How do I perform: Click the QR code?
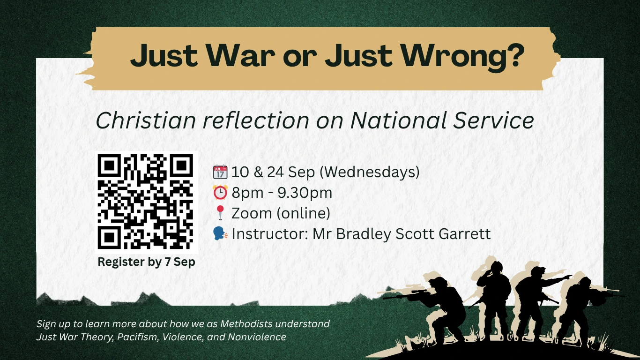[146, 202]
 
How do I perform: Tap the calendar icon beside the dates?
[220, 172]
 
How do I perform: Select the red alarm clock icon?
[220, 192]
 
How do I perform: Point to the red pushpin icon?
[220, 213]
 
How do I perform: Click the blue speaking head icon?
[220, 233]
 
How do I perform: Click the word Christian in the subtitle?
[146, 120]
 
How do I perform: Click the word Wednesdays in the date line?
[371, 172]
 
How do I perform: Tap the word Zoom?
[252, 213]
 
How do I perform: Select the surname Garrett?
[465, 233]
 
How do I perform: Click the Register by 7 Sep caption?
[146, 262]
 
